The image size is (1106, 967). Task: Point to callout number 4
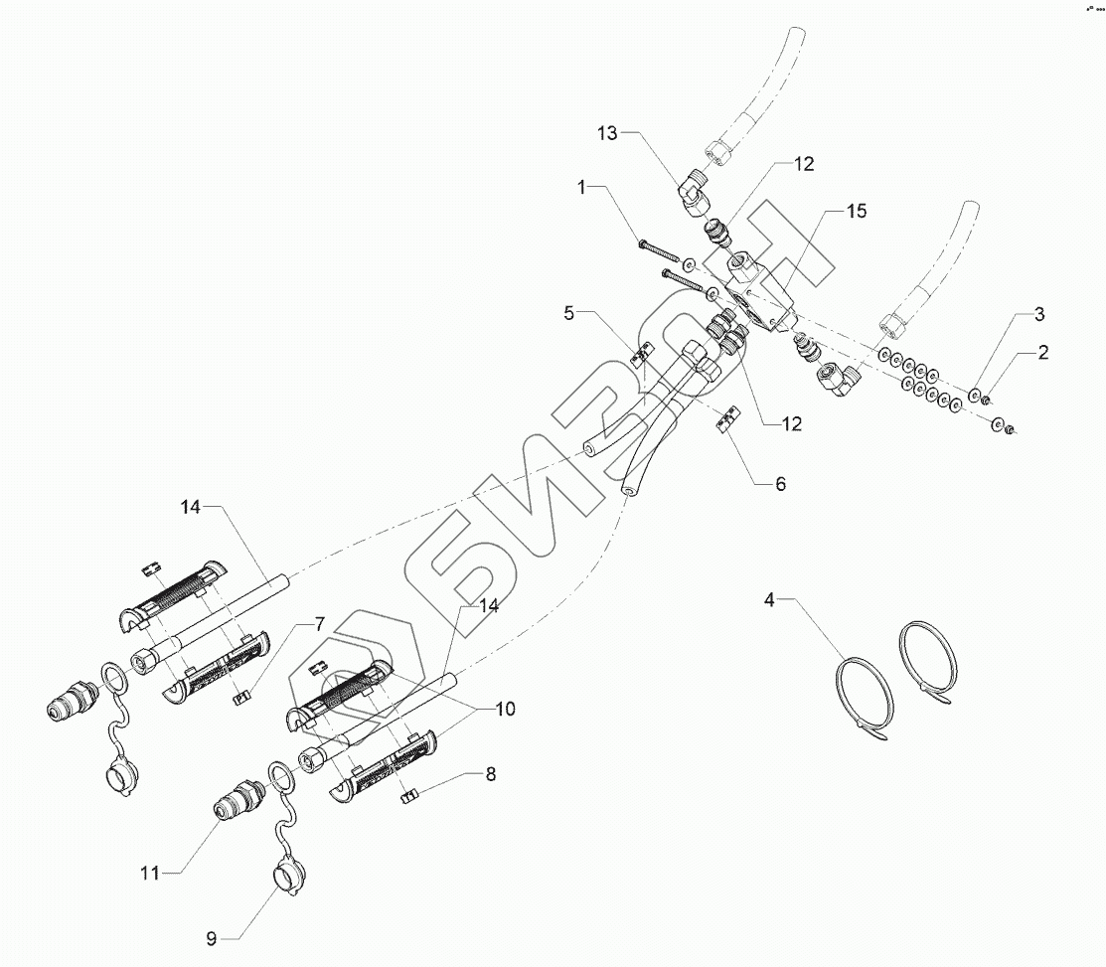point(769,599)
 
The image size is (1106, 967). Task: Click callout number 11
point(150,873)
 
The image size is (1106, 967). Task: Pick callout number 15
point(857,211)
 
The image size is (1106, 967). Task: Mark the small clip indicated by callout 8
point(405,795)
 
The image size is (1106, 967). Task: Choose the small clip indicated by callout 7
point(239,697)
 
